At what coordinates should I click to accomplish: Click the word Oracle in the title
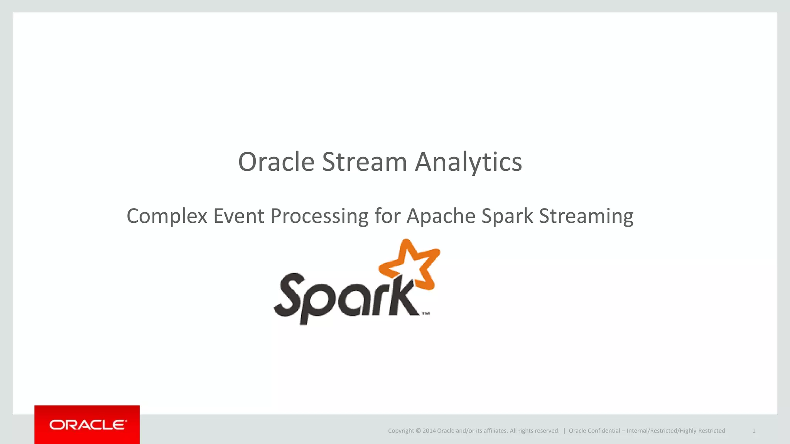(x=276, y=162)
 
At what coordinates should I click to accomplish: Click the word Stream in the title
(x=364, y=162)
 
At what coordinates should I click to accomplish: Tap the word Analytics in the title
(x=468, y=162)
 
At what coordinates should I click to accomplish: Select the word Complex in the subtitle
(x=167, y=216)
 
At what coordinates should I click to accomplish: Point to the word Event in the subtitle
(x=239, y=216)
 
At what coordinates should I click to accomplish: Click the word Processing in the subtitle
(x=319, y=216)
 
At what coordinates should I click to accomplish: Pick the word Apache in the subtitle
(x=441, y=216)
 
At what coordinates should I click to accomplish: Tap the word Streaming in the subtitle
(x=586, y=216)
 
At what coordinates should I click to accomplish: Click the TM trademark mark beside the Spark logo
(x=425, y=313)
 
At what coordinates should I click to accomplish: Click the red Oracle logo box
(x=87, y=424)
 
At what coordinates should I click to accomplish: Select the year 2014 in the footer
(x=429, y=431)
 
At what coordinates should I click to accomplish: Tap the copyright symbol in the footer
(x=418, y=431)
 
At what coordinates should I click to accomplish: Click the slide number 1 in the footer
(x=754, y=431)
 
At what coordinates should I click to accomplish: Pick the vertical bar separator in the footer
(x=564, y=431)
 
